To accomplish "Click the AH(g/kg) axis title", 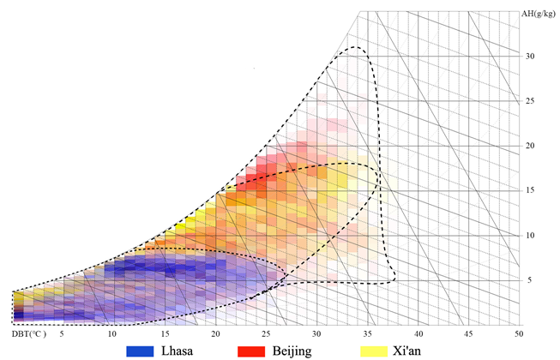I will (540, 14).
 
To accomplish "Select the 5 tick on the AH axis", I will (531, 279).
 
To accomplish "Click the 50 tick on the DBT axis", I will (518, 333).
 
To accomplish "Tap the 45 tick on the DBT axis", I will (467, 333).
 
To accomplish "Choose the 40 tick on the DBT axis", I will (418, 333).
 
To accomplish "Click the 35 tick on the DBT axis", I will (367, 333).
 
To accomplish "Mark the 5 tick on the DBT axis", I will (62, 333).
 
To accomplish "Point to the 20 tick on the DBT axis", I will (215, 333).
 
